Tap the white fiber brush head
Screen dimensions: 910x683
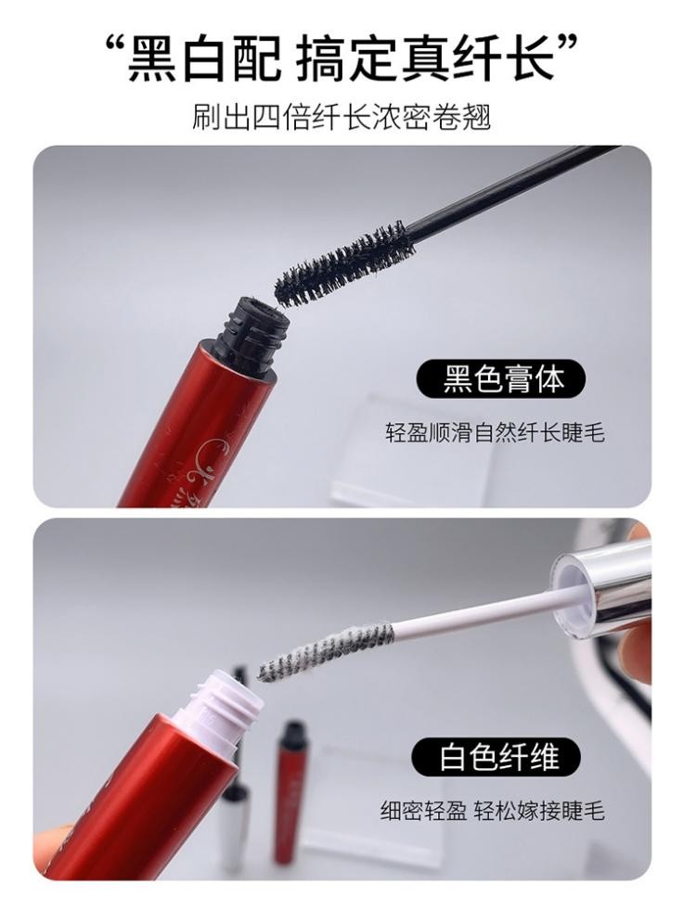(327, 650)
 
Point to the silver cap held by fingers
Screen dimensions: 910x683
(602, 576)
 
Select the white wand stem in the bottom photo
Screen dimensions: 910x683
(473, 613)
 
